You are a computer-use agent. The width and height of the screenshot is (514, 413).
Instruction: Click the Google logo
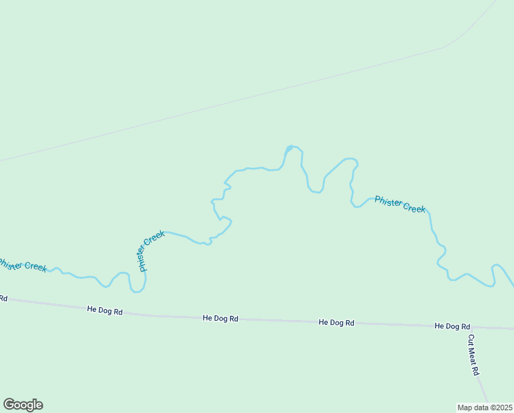tap(23, 405)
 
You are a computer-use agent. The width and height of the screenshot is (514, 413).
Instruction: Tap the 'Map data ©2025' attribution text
tap(484, 407)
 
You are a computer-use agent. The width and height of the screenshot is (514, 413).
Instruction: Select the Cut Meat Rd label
tap(473, 354)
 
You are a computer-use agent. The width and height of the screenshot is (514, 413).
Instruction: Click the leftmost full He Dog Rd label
tap(104, 311)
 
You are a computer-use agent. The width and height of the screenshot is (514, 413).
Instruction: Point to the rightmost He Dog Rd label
tap(452, 326)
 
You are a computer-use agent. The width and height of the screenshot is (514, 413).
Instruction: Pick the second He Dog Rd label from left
tap(221, 319)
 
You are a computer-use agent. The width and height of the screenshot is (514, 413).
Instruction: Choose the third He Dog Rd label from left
tap(337, 322)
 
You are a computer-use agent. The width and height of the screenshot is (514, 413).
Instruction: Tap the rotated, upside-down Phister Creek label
tap(151, 251)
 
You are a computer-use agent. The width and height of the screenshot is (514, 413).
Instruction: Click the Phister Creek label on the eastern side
tap(400, 204)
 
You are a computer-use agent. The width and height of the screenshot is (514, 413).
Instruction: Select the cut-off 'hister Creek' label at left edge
tap(23, 264)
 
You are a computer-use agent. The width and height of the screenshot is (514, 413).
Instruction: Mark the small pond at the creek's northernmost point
tap(289, 148)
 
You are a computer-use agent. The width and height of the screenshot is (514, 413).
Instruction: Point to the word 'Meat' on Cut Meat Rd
tap(473, 355)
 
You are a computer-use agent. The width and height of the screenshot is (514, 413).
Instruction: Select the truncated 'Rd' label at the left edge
tap(3, 298)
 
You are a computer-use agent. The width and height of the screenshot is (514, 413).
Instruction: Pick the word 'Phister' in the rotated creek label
tap(143, 260)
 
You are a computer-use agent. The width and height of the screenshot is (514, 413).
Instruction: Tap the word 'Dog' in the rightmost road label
tap(452, 326)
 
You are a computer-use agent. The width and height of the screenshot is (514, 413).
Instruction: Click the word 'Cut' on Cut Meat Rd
tap(471, 340)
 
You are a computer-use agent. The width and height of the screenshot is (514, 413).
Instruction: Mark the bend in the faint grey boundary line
tap(447, 47)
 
